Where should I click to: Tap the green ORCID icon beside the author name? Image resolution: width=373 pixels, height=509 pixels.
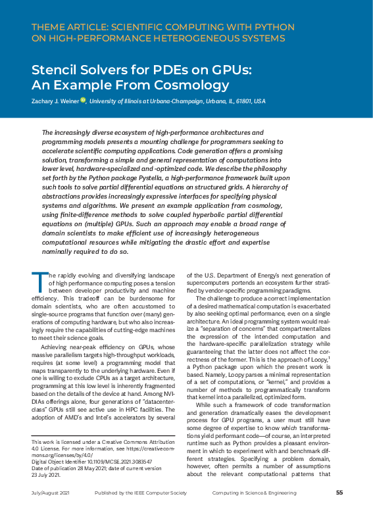84,100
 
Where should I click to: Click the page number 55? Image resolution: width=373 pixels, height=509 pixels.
339,492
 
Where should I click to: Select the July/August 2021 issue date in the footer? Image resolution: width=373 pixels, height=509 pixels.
52,492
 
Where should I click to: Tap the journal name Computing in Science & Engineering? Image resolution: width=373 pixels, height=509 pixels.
257,492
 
